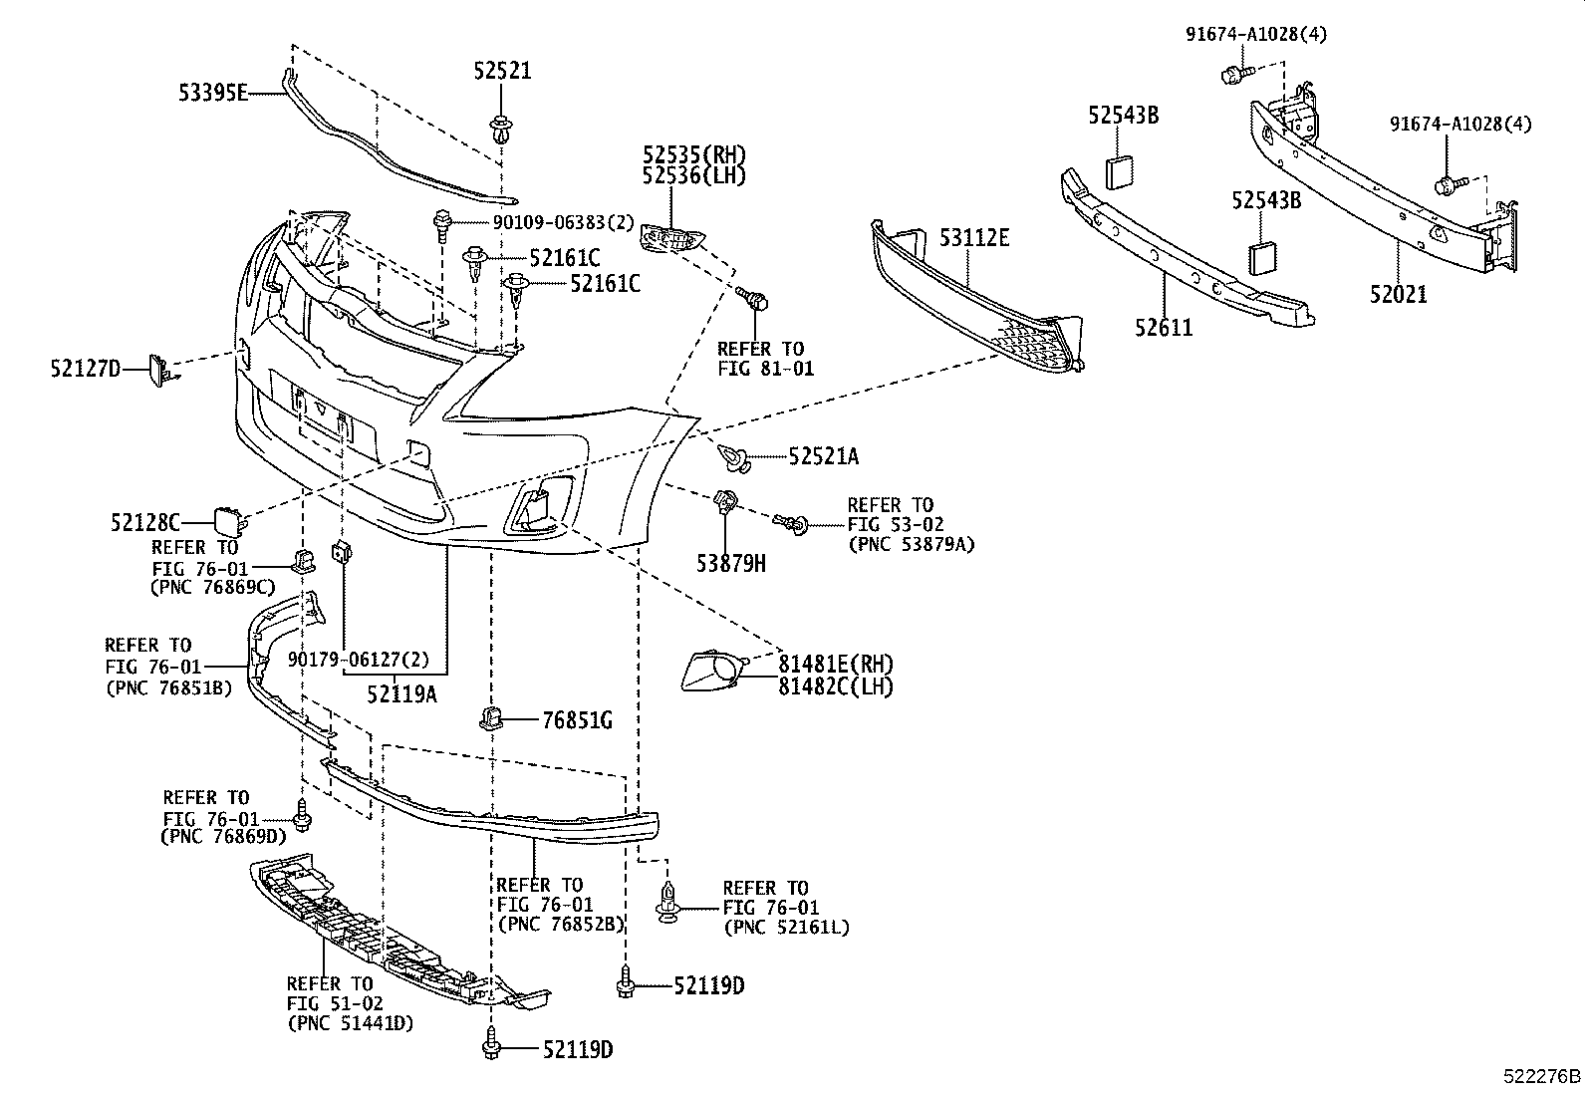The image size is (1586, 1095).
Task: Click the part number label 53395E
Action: tap(212, 93)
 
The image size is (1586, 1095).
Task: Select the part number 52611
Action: tap(1162, 327)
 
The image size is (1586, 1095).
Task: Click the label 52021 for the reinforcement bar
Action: tap(1397, 294)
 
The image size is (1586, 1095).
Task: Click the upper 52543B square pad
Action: tap(1121, 171)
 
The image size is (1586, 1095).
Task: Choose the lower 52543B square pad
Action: tap(1262, 257)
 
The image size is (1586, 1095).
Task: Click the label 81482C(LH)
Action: tap(836, 686)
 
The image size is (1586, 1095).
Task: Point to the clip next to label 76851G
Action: tap(492, 717)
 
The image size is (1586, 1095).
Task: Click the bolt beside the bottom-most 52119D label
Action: tap(492, 1044)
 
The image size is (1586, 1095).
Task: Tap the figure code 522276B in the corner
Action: tap(1541, 1077)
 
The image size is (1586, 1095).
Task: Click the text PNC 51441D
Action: tap(350, 1023)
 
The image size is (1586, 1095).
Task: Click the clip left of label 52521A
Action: tap(734, 456)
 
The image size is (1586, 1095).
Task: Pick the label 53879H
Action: tap(730, 564)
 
